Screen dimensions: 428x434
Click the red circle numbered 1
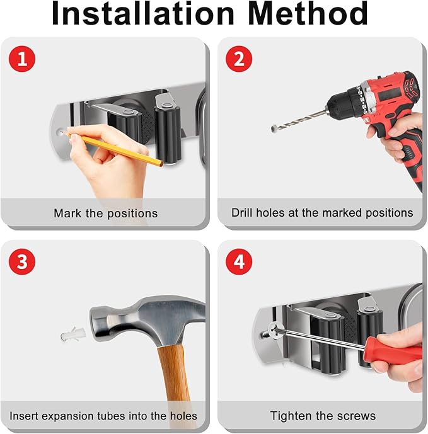click(x=22, y=59)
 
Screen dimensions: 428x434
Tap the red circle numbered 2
click(x=239, y=59)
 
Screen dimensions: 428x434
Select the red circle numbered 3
click(x=22, y=261)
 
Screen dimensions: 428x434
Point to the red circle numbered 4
click(x=239, y=261)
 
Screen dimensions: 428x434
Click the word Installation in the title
click(x=143, y=13)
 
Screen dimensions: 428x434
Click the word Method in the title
click(x=308, y=13)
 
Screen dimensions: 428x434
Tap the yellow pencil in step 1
click(x=113, y=149)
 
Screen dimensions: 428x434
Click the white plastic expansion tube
click(x=73, y=334)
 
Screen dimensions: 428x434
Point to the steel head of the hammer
click(x=147, y=321)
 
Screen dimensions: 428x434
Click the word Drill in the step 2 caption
click(x=242, y=212)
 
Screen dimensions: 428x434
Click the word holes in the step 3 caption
click(x=183, y=416)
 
